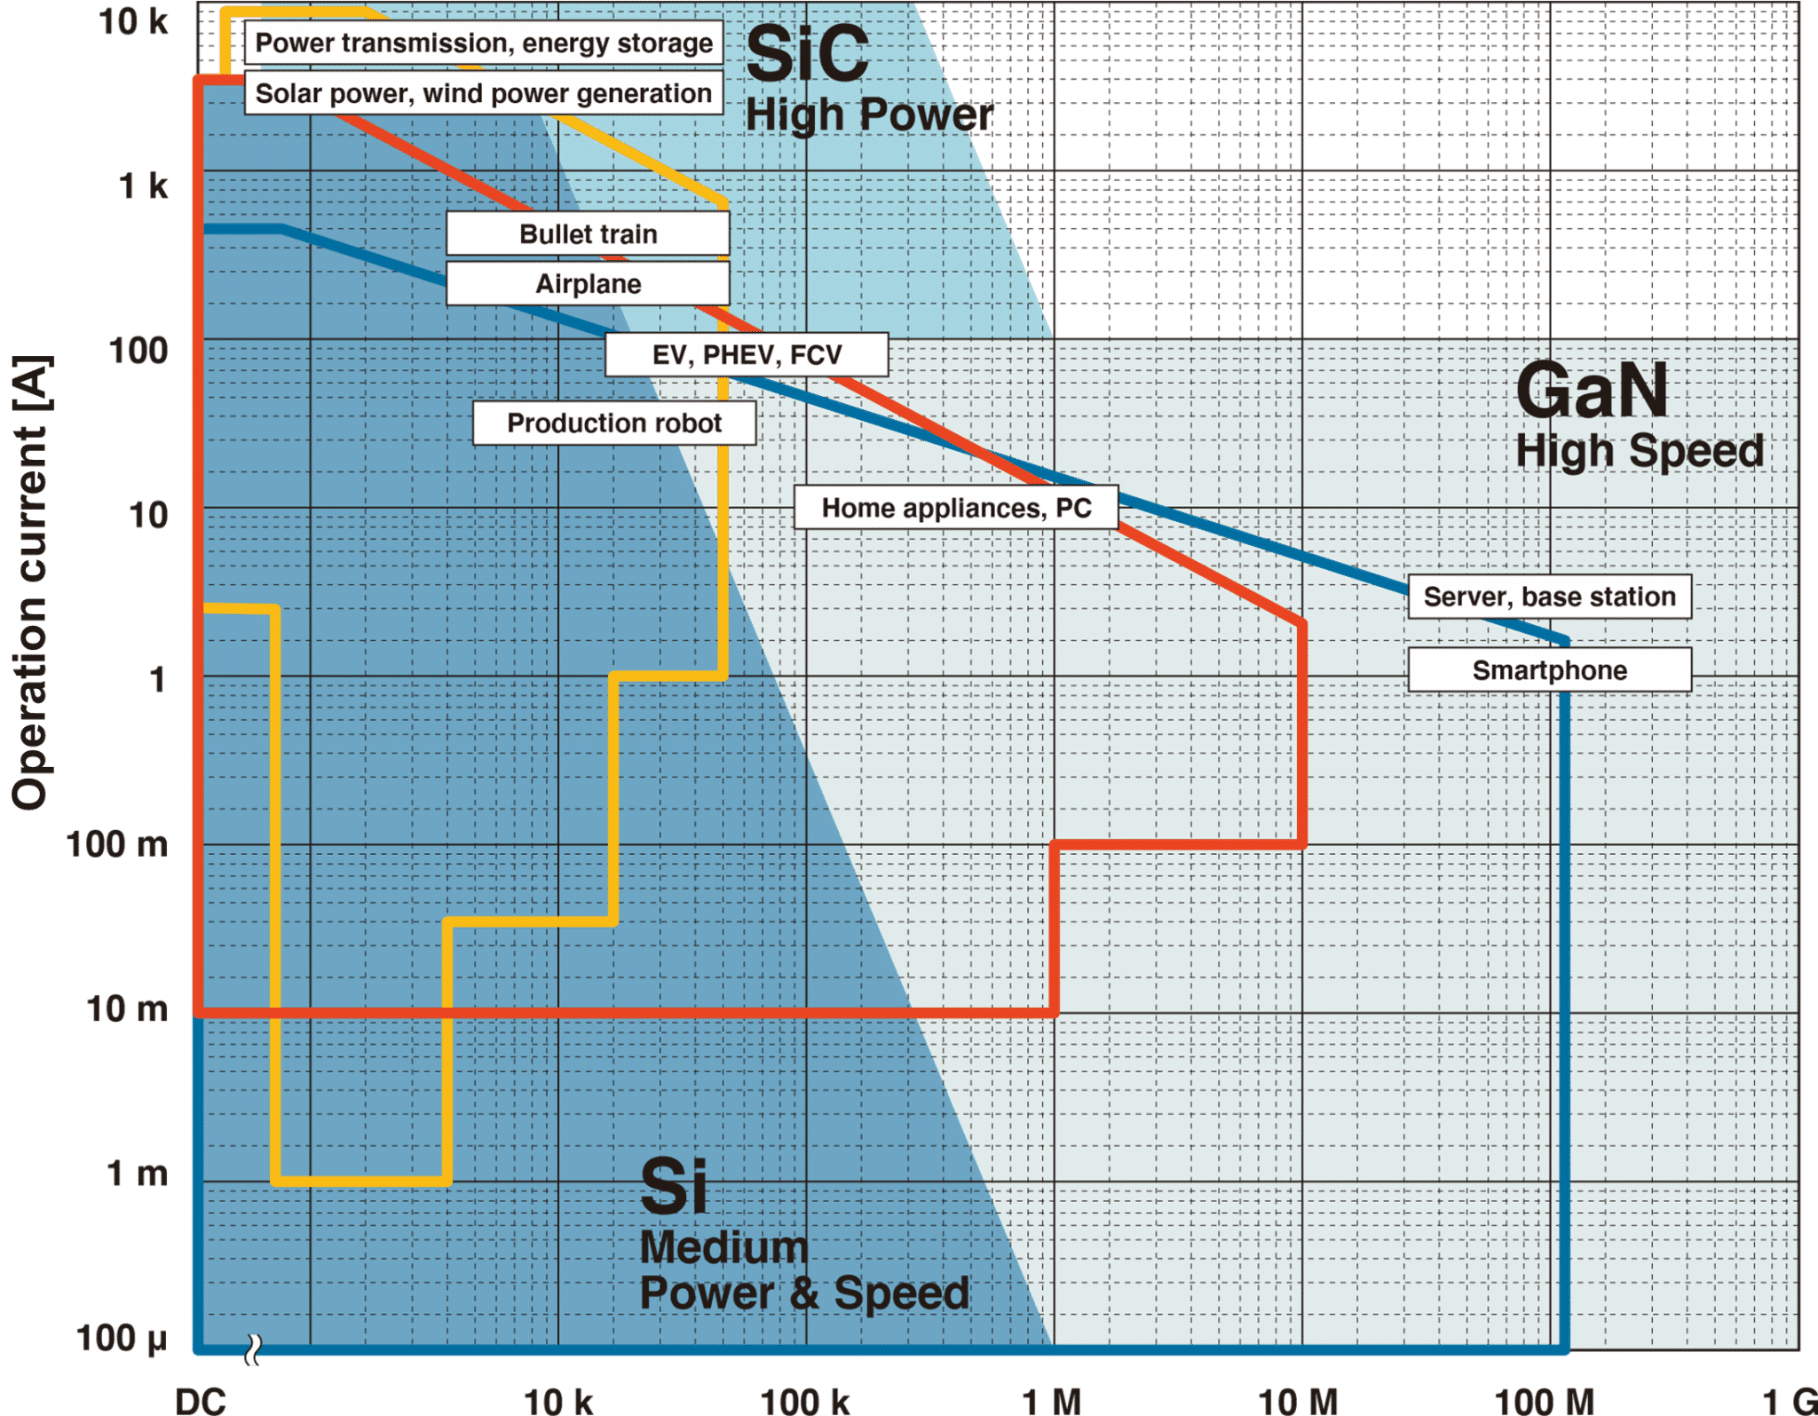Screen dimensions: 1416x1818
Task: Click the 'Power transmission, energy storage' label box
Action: [484, 44]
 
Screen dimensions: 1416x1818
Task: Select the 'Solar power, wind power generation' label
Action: [484, 93]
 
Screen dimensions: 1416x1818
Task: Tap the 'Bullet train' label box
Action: [588, 234]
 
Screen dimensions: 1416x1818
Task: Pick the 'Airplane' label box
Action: [588, 284]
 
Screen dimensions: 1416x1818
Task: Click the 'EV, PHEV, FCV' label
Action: [747, 355]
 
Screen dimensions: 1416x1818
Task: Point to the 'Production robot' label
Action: [614, 423]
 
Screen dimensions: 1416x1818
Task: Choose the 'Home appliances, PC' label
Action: [956, 508]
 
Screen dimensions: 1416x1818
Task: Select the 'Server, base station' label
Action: [1549, 597]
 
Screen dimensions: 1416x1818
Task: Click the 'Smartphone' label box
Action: [1549, 670]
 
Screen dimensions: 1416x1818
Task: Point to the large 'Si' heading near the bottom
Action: [674, 1186]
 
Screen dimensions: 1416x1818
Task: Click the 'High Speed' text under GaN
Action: [1639, 451]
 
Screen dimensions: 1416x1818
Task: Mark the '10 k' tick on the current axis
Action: [133, 21]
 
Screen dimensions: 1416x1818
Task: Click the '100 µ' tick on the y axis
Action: [122, 1339]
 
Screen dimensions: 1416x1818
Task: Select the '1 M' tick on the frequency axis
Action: [1051, 1401]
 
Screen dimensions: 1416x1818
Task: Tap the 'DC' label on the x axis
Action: [201, 1401]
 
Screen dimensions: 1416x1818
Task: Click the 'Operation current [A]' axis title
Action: [31, 583]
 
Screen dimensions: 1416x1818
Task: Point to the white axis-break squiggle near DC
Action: [254, 1350]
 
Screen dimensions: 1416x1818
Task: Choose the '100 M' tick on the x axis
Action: [1544, 1401]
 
